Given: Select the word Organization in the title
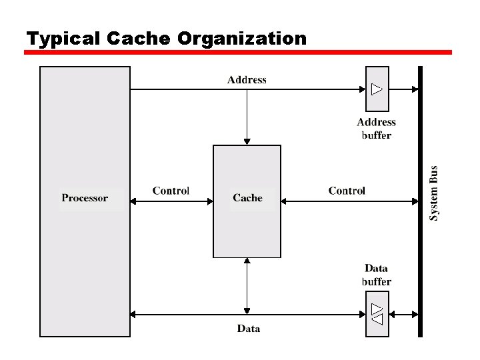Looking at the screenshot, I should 242,39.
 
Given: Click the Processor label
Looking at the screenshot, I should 85,198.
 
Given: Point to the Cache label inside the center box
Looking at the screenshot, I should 247,198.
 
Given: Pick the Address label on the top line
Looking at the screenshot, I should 247,80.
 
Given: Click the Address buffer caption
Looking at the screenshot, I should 376,129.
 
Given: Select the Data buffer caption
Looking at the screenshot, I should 376,275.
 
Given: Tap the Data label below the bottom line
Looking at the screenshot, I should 249,329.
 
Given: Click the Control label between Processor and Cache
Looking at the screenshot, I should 171,191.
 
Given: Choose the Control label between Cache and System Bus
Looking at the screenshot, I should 347,191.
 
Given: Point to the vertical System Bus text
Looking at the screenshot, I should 434,193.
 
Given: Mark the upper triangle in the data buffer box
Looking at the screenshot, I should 377,308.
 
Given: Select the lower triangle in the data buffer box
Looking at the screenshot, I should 377,319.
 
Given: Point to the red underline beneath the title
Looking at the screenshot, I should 238,52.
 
